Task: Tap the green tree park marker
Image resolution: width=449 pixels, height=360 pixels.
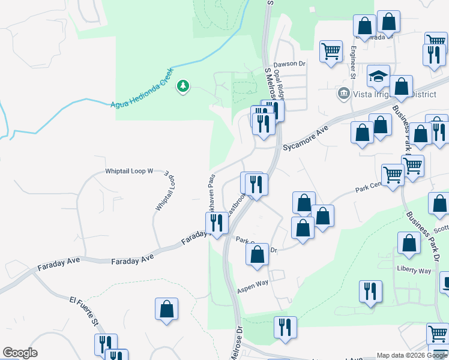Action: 183,87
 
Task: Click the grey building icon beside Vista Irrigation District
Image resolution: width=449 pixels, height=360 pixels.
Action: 344,93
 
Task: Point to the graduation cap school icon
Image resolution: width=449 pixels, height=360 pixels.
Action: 378,76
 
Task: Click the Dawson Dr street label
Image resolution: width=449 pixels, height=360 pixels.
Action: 289,64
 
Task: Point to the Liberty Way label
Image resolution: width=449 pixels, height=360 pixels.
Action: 413,271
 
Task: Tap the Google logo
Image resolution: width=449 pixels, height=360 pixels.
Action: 20,353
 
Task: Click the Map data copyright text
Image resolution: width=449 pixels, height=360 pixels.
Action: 412,355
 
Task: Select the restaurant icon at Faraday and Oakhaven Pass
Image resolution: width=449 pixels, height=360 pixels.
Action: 217,223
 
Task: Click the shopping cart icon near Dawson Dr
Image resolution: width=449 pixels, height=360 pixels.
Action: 331,51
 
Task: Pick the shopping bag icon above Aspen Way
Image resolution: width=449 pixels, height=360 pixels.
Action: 257,254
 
